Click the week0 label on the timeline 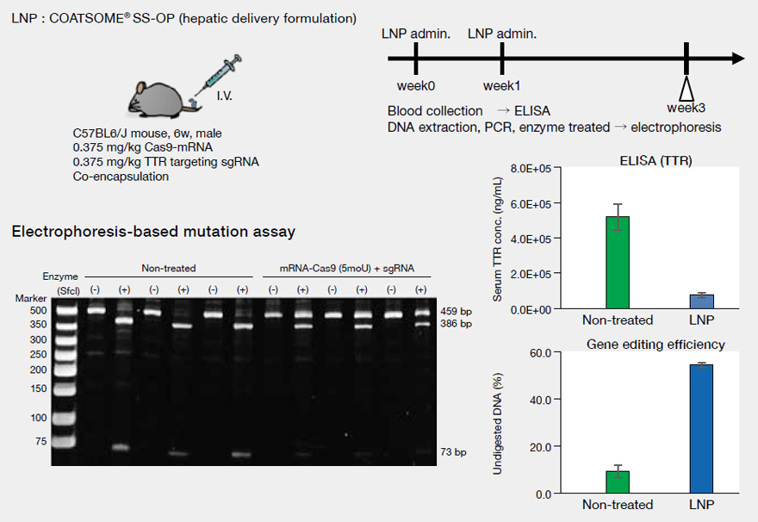415,86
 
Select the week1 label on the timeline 501,86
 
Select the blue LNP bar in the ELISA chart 702,301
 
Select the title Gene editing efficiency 655,345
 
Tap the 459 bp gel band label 453,311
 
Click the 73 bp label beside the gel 453,451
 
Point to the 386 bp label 453,324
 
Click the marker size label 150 63,388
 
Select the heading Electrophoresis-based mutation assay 153,231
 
